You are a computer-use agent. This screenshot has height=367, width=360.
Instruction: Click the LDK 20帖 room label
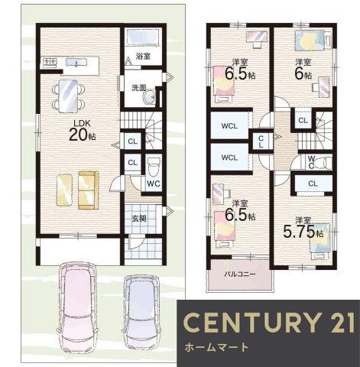point(83,131)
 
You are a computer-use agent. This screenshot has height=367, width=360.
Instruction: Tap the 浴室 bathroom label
point(143,57)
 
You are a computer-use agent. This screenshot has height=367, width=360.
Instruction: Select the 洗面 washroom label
point(139,88)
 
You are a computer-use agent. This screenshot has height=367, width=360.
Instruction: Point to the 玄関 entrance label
point(139,218)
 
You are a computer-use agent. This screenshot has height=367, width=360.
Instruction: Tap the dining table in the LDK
point(68,96)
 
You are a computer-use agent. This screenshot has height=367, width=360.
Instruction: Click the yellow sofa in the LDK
point(89,190)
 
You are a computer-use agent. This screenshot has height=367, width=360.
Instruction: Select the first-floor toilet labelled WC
point(154,173)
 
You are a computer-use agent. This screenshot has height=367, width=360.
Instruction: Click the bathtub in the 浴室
point(143,37)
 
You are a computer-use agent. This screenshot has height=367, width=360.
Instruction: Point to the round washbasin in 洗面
point(150,97)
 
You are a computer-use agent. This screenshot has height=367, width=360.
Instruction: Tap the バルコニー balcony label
point(240,274)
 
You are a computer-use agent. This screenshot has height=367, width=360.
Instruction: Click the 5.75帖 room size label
point(303,232)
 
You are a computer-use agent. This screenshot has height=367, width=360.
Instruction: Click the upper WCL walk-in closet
point(230,126)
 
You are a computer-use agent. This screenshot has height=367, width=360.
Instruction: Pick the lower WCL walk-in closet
point(230,158)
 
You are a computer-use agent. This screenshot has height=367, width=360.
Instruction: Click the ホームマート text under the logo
point(216,347)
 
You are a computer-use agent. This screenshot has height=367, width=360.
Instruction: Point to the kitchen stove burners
point(50,62)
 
